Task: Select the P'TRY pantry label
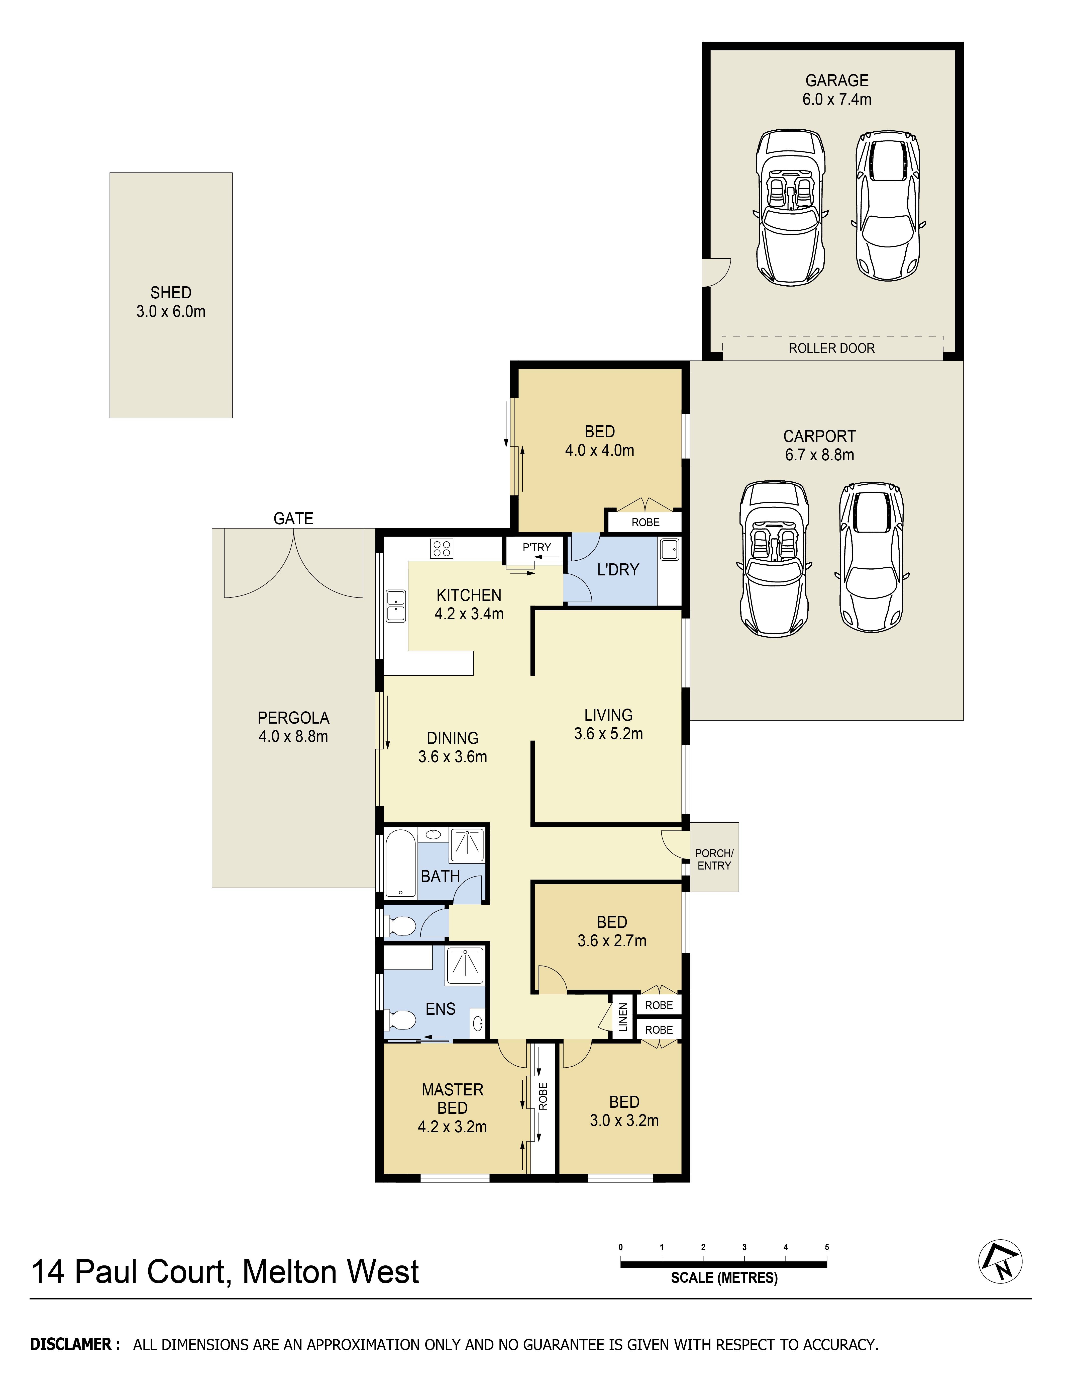coord(536,547)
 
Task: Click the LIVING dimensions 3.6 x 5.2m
coord(608,734)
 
